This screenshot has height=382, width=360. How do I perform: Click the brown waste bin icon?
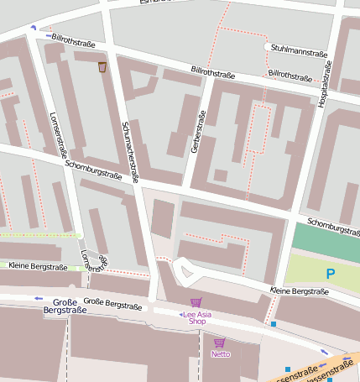click(102, 66)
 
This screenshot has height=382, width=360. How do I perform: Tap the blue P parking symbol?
click(330, 273)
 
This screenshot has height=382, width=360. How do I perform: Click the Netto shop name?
click(220, 354)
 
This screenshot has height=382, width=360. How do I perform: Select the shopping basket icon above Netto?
click(220, 343)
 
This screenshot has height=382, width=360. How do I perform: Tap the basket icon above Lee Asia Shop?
click(196, 302)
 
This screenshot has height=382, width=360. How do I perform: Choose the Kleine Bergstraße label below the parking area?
click(300, 291)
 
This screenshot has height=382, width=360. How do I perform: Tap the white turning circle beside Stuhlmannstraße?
click(268, 46)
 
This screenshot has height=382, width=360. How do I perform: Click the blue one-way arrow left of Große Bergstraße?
click(38, 298)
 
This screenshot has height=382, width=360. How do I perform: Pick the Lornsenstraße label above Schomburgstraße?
click(58, 134)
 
